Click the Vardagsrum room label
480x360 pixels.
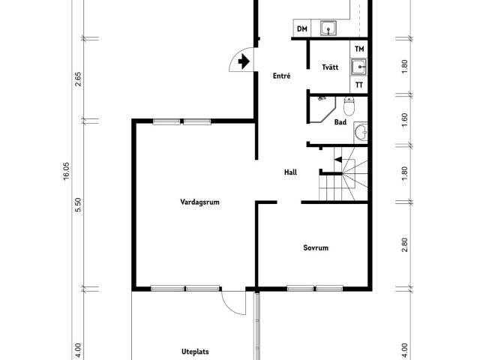pos(199,202)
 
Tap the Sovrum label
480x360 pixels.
pos(316,247)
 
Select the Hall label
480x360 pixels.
pos(290,172)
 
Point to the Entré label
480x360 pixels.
pos(282,76)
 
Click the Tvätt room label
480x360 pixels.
pos(330,67)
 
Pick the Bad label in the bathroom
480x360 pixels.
pos(340,122)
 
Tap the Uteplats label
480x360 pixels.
pos(195,352)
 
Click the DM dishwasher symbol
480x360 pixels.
pos(302,28)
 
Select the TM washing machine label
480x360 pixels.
pos(359,49)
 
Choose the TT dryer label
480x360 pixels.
pos(359,85)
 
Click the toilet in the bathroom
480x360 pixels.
pos(349,106)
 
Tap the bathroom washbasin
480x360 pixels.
pos(361,133)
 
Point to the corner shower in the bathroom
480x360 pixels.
pos(322,109)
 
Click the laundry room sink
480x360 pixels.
pos(358,67)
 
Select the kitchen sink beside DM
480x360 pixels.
pos(328,28)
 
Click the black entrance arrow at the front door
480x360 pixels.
pos(244,61)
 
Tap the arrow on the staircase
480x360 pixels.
pos(338,160)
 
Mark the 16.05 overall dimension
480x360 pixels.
pos(67,172)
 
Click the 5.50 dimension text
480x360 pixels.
pos(78,205)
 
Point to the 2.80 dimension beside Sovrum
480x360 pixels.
pos(404,245)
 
